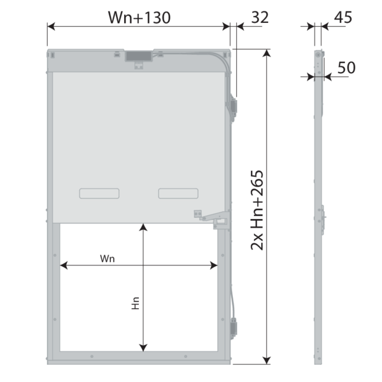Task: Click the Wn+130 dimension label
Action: pyautogui.click(x=139, y=18)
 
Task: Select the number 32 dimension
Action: pyautogui.click(x=260, y=17)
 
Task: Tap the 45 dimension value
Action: pyautogui.click(x=343, y=17)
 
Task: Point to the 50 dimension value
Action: pyautogui.click(x=346, y=67)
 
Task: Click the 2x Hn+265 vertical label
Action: pyautogui.click(x=257, y=210)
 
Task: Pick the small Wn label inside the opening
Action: pyautogui.click(x=107, y=258)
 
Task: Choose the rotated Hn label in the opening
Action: pyautogui.click(x=136, y=303)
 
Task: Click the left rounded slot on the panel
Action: pyautogui.click(x=99, y=194)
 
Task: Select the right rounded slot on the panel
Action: pyautogui.click(x=178, y=194)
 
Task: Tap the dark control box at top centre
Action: pyautogui.click(x=139, y=56)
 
